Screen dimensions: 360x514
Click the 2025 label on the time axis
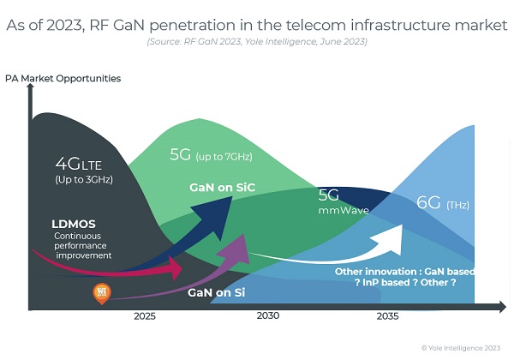point(145,316)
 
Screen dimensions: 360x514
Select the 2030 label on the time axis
point(268,316)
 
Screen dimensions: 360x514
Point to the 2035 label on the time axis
point(388,316)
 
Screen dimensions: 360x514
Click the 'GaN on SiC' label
point(222,187)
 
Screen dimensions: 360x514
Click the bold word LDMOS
point(74,224)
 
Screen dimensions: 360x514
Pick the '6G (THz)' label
point(443,204)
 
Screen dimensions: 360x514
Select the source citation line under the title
point(256,40)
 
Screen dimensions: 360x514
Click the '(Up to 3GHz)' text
point(84,179)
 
